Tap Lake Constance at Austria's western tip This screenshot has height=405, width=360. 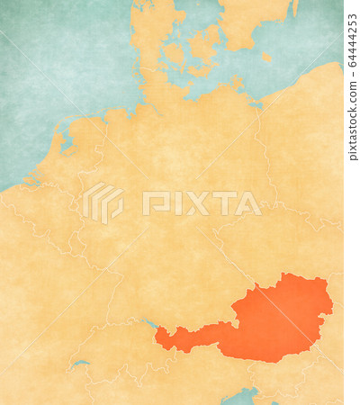point(149,323)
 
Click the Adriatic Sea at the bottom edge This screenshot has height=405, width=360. point(241,396)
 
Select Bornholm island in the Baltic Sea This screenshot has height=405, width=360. point(266,57)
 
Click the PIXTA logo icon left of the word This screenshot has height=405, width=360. point(103,202)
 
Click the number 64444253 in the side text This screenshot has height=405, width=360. point(352,40)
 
